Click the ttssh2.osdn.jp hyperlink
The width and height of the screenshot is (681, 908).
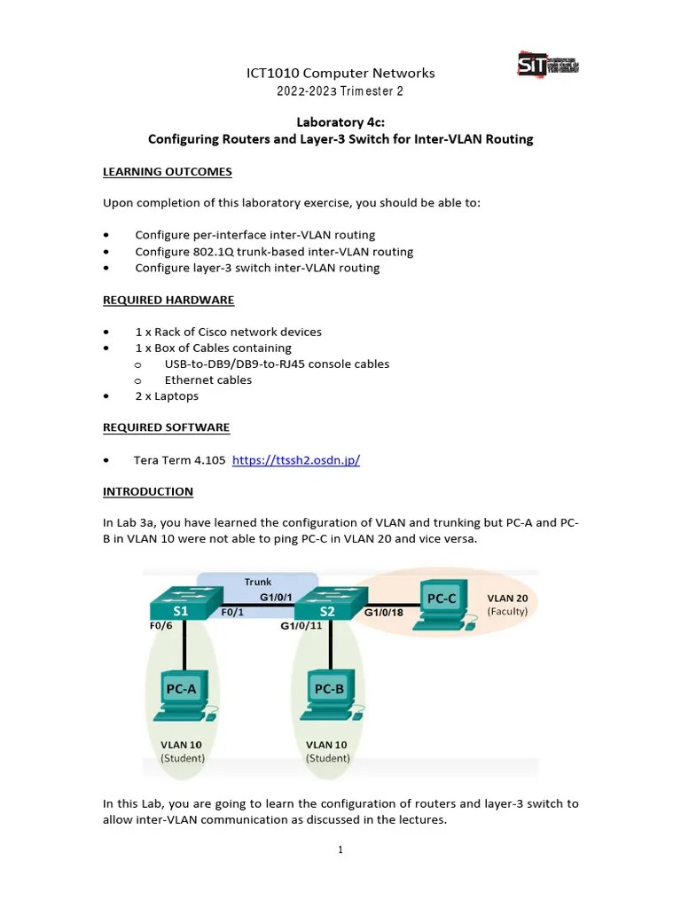tap(295, 459)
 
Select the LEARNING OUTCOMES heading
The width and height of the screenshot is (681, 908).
tap(168, 171)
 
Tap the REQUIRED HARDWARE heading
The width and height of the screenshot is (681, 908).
tap(168, 300)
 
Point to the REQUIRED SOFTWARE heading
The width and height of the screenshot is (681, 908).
tap(166, 427)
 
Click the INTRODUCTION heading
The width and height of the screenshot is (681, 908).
tap(148, 491)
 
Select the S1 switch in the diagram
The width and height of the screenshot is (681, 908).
tap(181, 603)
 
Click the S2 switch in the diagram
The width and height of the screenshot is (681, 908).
tap(327, 604)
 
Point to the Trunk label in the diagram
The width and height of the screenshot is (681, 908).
tap(258, 582)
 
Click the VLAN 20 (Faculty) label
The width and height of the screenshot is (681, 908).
tap(507, 605)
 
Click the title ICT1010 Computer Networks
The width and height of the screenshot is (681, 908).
tap(340, 73)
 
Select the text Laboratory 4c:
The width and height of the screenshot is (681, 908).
tap(340, 122)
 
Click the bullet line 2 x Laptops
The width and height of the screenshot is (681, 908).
tap(167, 395)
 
